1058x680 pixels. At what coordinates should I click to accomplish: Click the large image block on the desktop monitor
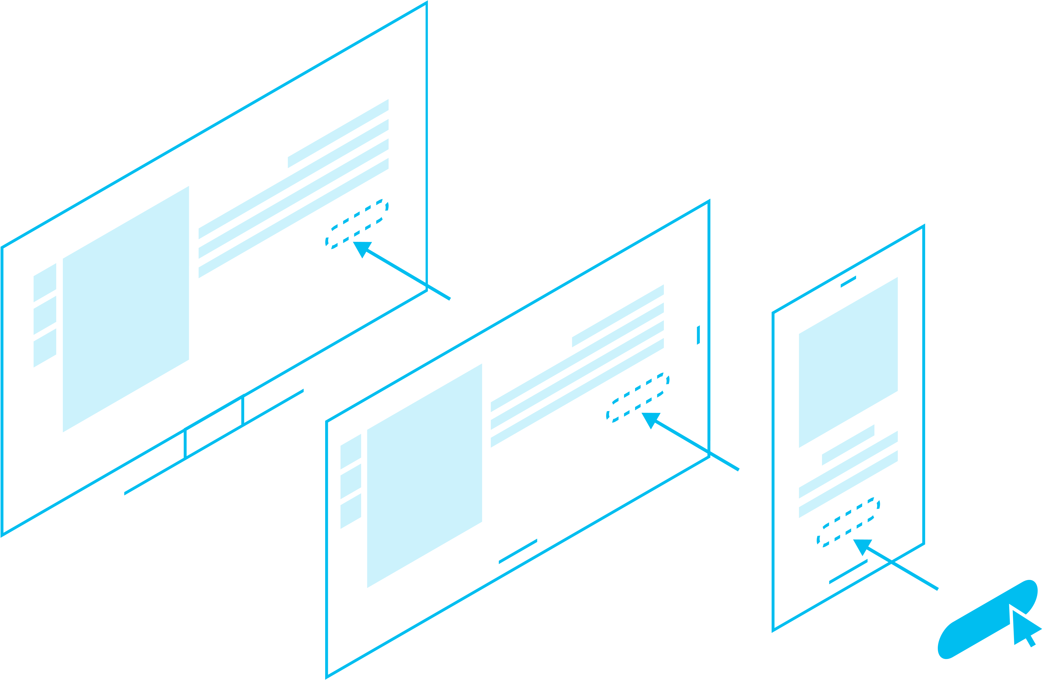126,309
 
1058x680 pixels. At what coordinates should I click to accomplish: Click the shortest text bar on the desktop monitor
338,133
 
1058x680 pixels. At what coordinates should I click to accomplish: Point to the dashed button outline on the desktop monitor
357,224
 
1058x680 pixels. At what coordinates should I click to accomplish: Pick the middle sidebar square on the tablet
350,482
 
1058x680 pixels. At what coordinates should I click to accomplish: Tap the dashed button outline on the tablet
638,397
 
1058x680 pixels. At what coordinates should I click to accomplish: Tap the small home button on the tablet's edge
698,335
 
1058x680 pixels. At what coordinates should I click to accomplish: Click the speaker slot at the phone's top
848,282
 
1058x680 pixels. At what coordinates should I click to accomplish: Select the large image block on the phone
848,362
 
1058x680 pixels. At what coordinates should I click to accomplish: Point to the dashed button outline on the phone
848,522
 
